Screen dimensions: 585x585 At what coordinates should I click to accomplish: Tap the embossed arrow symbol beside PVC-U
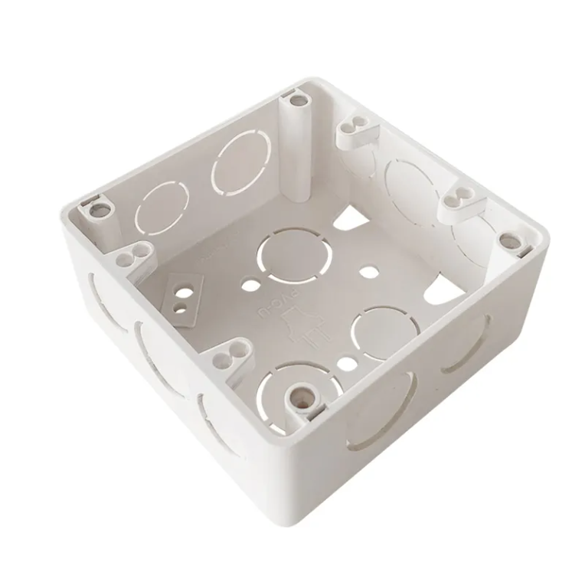305,330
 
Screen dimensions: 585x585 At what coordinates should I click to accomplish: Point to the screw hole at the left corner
96,207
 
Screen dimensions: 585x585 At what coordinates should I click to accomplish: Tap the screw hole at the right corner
506,239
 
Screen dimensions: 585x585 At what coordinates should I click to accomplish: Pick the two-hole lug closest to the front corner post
227,353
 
